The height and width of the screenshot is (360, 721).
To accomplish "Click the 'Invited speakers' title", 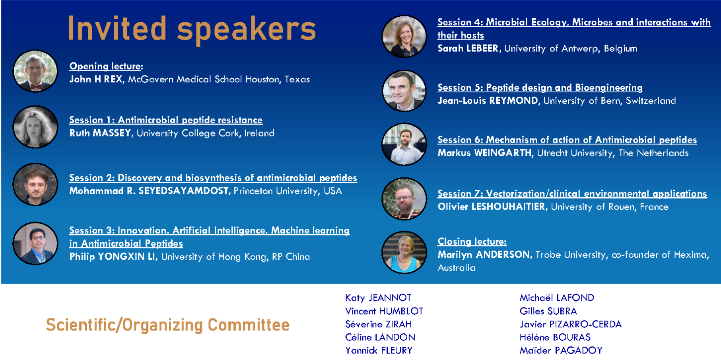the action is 192,29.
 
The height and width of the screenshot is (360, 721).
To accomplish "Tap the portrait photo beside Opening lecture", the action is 35,71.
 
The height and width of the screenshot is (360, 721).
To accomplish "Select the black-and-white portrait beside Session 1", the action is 35,127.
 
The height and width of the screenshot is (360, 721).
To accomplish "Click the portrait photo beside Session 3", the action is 35,243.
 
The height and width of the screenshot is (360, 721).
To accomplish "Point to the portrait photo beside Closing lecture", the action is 404,252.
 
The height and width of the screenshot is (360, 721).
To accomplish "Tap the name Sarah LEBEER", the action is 468,49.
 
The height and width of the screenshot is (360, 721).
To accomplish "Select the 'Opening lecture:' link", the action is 106,66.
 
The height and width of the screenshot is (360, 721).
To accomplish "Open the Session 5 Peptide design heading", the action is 540,88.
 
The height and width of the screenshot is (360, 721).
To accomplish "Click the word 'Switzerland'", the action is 651,101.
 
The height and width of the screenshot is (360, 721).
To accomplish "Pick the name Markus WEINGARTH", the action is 485,153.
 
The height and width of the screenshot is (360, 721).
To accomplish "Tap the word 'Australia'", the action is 457,268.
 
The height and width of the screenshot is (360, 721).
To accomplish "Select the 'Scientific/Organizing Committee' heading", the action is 168,325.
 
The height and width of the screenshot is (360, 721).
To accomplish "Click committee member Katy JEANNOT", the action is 378,298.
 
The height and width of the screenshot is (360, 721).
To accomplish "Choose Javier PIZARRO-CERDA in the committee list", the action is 570,324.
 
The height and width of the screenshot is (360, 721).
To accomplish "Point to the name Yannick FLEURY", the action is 379,350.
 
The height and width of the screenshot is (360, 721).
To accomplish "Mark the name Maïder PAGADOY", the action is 561,350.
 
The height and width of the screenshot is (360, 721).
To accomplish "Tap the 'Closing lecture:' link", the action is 472,241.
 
